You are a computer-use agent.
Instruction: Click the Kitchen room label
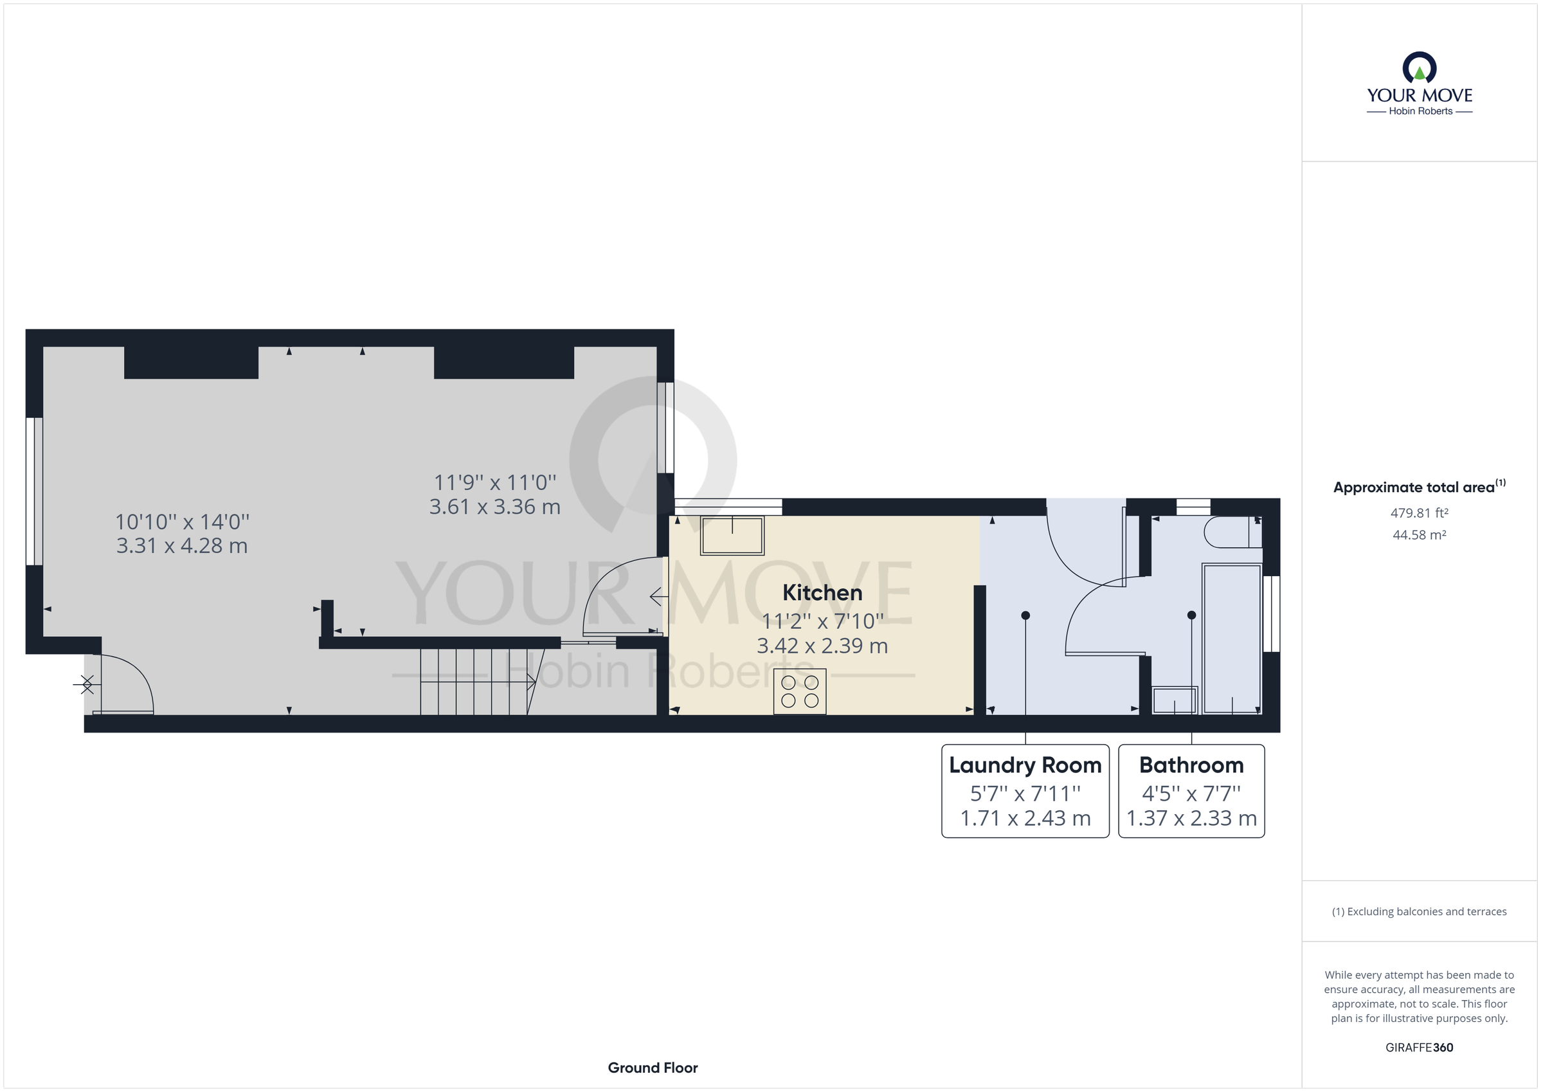pos(822,592)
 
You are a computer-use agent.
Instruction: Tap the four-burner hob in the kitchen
pos(799,691)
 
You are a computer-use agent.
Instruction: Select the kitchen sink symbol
pos(732,535)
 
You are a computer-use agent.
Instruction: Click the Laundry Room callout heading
pos(1025,765)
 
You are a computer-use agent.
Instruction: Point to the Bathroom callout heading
pos(1191,765)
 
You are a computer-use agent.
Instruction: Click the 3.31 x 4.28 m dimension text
pos(181,545)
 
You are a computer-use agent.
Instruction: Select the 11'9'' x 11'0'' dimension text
pos(494,482)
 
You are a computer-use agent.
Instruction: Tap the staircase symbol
pos(474,680)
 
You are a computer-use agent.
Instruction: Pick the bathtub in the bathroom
pos(1232,639)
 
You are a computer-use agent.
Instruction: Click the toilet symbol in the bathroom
pos(1231,532)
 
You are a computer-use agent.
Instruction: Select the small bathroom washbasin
pos(1175,700)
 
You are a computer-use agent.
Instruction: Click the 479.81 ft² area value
pos(1419,513)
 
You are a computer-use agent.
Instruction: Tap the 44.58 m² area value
pos(1419,535)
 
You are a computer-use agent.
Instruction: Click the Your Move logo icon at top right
pos(1420,69)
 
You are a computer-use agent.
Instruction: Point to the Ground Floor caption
pos(653,1068)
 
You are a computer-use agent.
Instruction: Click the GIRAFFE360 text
pos(1419,1047)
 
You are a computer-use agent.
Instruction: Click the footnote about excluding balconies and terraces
pos(1419,911)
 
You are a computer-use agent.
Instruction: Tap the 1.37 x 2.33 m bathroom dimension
pos(1191,818)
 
